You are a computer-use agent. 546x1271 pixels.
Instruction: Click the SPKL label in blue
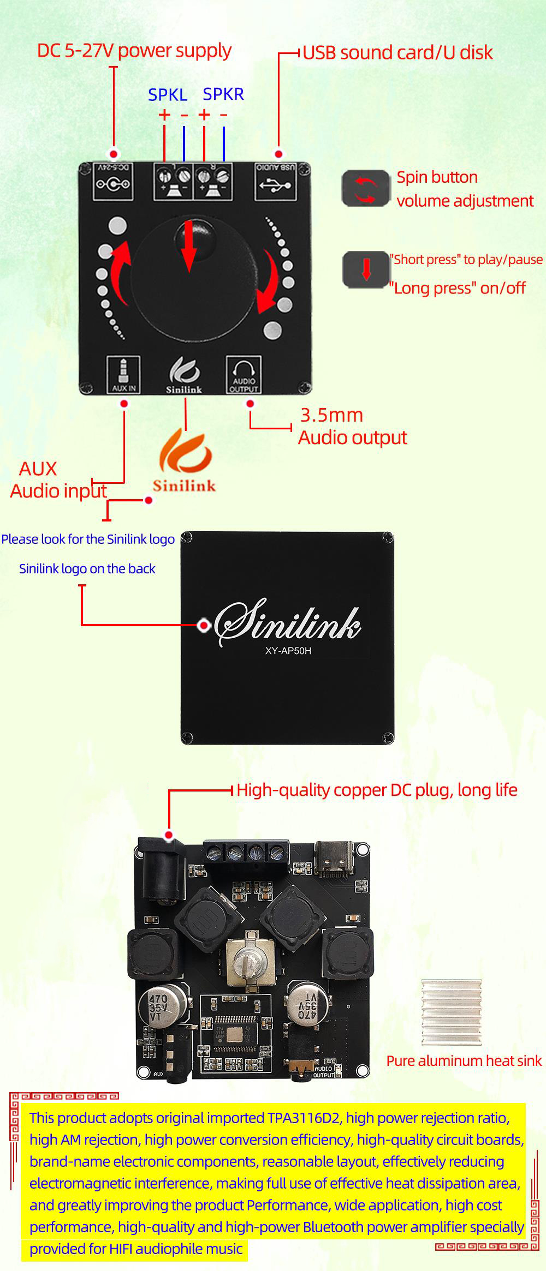point(168,95)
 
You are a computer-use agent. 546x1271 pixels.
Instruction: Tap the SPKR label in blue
point(223,94)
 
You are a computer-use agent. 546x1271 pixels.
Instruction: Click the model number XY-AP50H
point(288,651)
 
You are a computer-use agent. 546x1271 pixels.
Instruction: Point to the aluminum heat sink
point(451,1012)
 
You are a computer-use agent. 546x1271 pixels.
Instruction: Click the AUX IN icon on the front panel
point(123,374)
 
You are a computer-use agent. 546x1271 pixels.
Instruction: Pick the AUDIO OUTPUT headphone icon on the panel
point(244,374)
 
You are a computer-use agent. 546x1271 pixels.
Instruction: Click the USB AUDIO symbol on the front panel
point(275,181)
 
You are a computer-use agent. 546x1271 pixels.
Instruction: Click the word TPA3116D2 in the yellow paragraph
point(303,1118)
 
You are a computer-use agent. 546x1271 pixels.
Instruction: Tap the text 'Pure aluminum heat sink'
point(464,1060)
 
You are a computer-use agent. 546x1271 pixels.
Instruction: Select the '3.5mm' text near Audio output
point(331,415)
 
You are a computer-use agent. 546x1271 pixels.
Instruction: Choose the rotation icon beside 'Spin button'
point(365,189)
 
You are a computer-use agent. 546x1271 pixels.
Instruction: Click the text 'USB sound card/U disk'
point(397,52)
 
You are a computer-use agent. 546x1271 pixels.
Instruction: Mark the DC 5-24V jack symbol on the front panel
point(114,182)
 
